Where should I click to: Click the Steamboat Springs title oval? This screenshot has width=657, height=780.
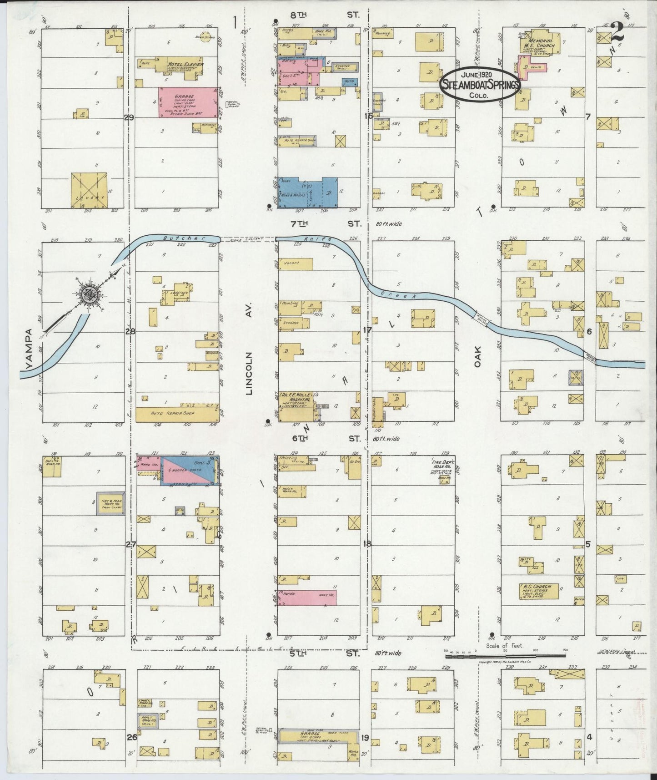pyautogui.click(x=480, y=83)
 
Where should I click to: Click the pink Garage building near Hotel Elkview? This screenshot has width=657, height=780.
pyautogui.click(x=187, y=102)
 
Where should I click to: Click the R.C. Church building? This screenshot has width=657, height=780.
pyautogui.click(x=538, y=590)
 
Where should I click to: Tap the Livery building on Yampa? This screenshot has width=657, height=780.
pyautogui.click(x=89, y=190)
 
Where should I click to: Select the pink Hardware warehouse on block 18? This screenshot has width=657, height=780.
pyautogui.click(x=307, y=598)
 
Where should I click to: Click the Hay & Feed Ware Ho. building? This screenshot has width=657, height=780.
pyautogui.click(x=110, y=503)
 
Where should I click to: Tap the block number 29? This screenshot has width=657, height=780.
pyautogui.click(x=129, y=118)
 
